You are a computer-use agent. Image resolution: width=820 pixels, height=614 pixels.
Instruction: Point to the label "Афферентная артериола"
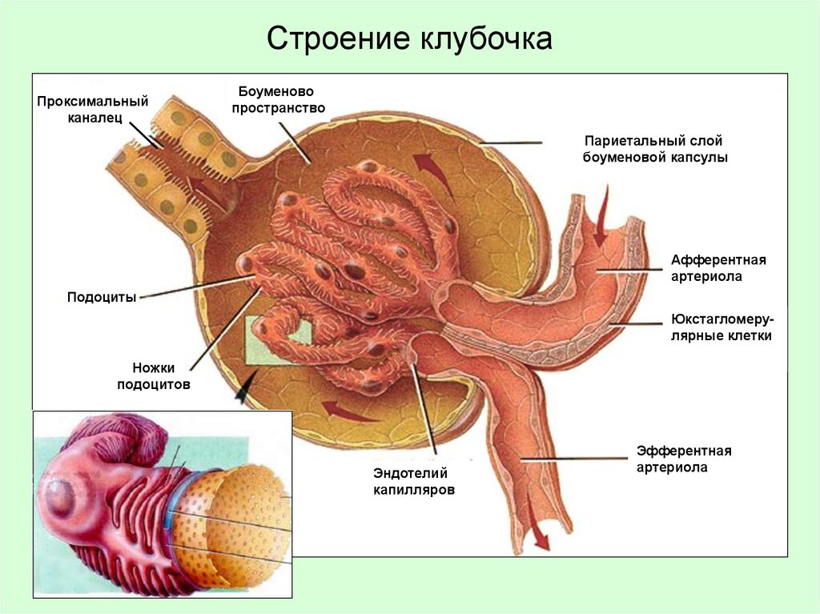pyautogui.click(x=718, y=268)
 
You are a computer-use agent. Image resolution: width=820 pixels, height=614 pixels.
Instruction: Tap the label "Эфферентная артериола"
pyautogui.click(x=684, y=459)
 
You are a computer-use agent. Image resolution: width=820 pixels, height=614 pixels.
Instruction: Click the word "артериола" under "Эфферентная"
pyautogui.click(x=673, y=468)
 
